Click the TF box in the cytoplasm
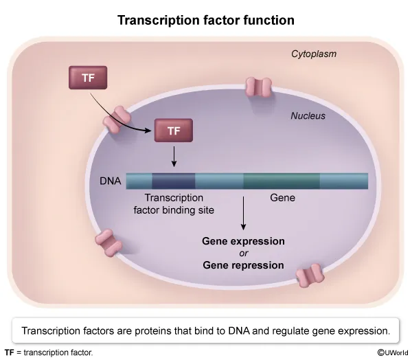coord(88,78)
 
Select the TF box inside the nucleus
coord(174,131)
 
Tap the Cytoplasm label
coord(314,54)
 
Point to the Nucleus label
coord(308,115)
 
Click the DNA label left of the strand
coord(111,181)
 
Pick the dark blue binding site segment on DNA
coord(174,181)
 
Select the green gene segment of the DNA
coord(282,181)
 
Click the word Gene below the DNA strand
coord(282,198)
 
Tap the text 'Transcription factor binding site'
coord(174,204)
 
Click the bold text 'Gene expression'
coord(243,241)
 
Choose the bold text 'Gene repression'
coord(243,265)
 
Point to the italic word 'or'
coord(244,254)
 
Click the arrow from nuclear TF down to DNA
coord(174,157)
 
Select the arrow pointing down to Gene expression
coord(243,213)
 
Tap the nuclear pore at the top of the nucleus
coord(258,87)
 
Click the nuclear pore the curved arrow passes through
coord(117,120)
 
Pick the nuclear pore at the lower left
coord(108,243)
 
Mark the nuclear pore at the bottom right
coord(310,275)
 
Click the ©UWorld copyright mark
coord(393,352)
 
